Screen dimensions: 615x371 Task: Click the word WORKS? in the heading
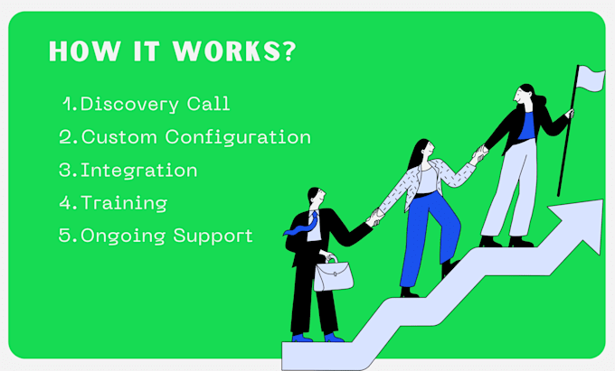click(x=234, y=51)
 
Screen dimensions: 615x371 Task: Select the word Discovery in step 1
click(x=129, y=105)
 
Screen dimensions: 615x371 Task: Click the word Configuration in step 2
click(x=238, y=138)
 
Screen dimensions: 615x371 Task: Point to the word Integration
click(x=139, y=171)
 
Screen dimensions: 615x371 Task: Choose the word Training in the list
click(x=124, y=203)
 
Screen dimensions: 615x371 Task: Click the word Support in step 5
click(x=213, y=236)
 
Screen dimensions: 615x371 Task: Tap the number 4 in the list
click(x=65, y=203)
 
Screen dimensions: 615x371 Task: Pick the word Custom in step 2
click(x=119, y=137)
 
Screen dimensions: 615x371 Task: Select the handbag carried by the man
click(x=334, y=274)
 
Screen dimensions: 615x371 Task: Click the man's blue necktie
click(x=303, y=226)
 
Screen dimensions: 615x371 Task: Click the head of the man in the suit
click(x=317, y=196)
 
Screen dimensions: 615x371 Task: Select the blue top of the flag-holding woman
click(x=526, y=125)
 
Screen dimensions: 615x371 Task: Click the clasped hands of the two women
click(x=481, y=153)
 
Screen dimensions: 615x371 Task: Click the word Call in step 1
click(x=208, y=104)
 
